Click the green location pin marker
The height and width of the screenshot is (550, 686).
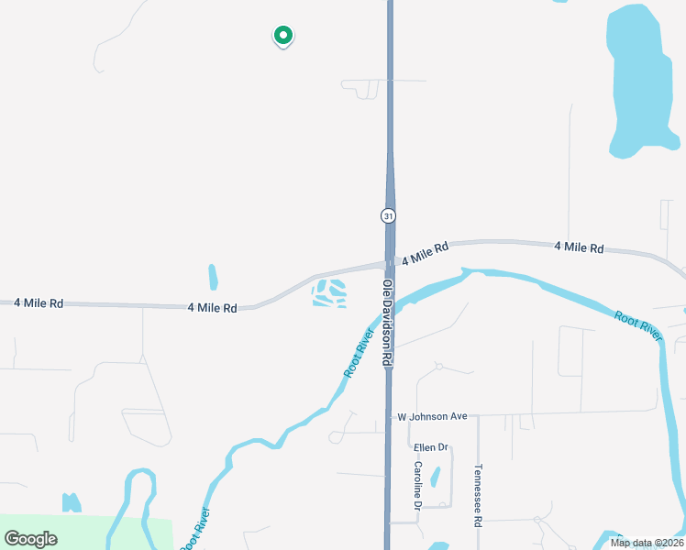283,36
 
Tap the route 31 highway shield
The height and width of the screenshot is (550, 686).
388,216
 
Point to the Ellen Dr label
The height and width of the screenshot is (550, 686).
430,447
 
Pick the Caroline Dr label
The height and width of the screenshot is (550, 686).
417,485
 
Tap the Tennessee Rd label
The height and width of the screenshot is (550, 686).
478,496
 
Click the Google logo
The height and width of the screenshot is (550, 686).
31,539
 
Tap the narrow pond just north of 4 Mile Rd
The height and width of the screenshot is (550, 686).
213,277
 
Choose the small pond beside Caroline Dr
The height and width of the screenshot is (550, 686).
436,477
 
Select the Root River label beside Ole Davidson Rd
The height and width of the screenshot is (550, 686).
360,353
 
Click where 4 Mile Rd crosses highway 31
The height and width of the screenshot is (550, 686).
390,265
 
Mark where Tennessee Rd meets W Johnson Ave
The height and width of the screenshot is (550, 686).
478,415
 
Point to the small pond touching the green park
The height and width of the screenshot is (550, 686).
71,503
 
